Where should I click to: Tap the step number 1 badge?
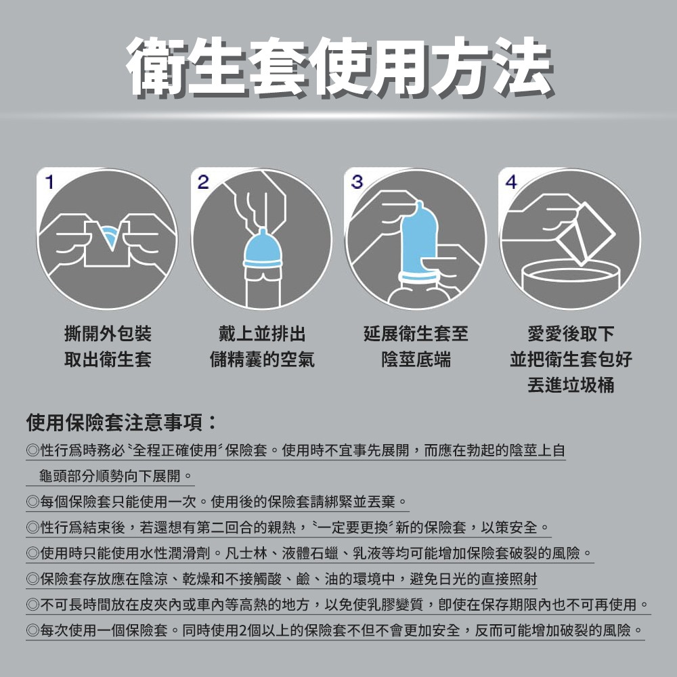pos(49,181)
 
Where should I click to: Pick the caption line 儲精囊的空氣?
pos(261,359)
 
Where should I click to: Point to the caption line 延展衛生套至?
pos(415,334)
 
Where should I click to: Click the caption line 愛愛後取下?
pos(570,334)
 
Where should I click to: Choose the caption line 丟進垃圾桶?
pos(570,385)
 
